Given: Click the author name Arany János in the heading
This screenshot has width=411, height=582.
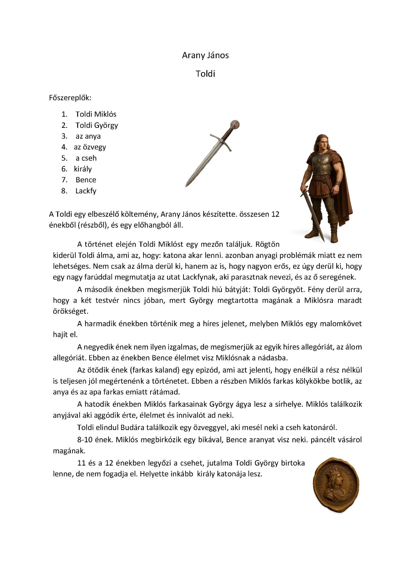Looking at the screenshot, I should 205,55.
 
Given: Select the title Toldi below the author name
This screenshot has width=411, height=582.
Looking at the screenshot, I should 205,74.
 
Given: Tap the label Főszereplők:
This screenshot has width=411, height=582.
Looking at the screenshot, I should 70,98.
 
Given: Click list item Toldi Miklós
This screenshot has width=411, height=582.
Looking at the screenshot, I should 96,114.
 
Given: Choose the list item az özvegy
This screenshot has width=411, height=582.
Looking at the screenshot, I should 90,147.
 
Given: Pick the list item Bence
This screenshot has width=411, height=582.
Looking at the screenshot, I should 86,180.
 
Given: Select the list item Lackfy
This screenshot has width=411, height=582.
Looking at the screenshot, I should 86,191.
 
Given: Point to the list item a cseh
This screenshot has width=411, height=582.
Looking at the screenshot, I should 86,158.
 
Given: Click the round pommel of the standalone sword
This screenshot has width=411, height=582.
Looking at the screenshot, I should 235,124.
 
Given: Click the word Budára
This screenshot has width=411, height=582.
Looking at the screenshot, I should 132,427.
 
